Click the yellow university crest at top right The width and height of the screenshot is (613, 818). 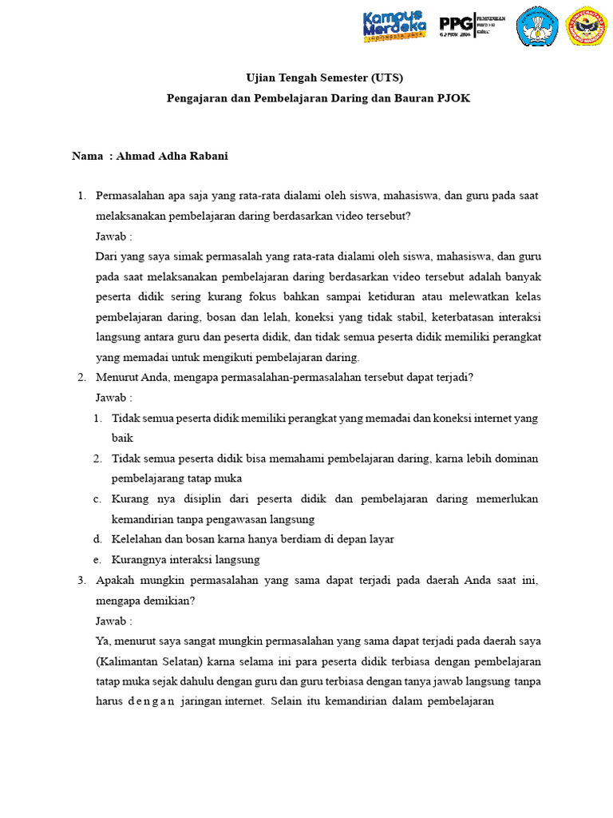click(586, 26)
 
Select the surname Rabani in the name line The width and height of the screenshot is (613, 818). click(207, 156)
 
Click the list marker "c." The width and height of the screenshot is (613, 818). click(97, 498)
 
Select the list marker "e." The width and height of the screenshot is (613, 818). click(97, 559)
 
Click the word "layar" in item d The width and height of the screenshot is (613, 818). click(381, 539)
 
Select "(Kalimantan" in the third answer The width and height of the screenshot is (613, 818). click(127, 661)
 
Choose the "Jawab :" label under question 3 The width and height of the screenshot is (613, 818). click(113, 620)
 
